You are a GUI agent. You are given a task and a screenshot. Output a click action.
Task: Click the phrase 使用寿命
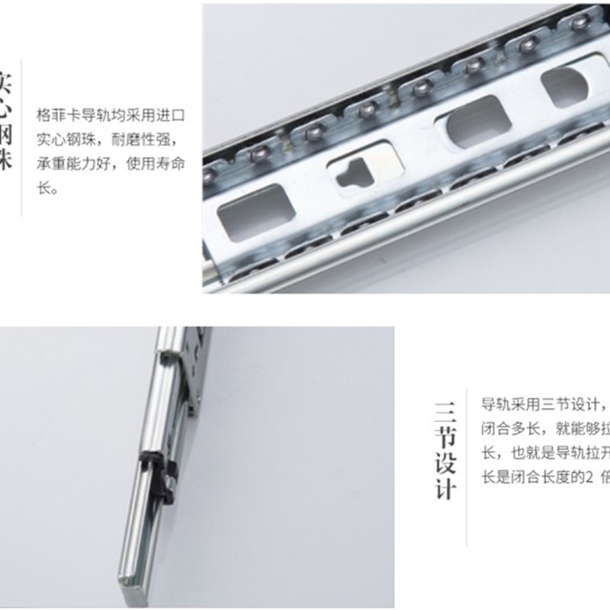[x=157, y=165]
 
